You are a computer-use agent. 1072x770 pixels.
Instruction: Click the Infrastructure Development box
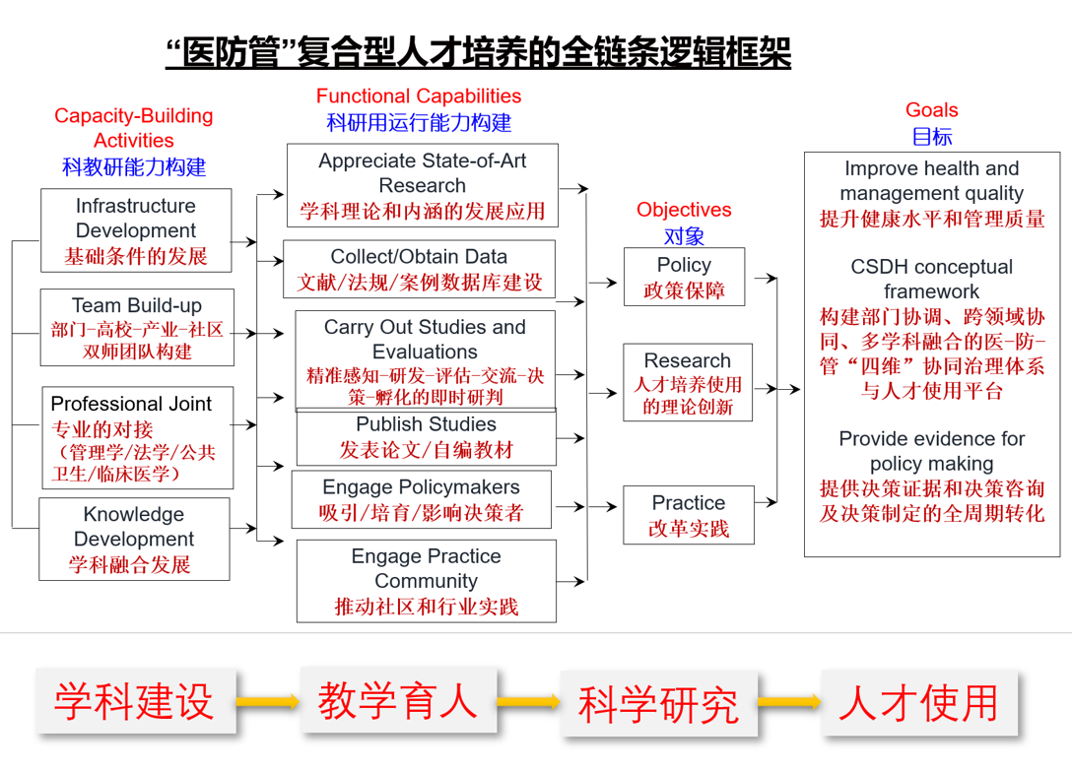136,230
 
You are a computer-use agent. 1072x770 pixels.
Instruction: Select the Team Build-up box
137,328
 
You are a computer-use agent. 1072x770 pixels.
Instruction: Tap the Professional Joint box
138,437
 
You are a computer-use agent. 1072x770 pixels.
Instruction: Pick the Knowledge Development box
134,539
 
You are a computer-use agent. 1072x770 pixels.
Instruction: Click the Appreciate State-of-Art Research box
422,185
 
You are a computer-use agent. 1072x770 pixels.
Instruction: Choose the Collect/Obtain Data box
419,269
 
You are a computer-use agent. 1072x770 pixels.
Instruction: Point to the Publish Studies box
426,438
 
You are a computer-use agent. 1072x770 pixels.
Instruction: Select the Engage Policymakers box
421,499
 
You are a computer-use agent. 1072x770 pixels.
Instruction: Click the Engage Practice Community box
426,581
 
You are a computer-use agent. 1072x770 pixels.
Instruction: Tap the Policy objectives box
684,277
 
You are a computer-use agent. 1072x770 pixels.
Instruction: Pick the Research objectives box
687,382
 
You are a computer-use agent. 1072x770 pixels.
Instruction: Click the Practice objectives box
688,514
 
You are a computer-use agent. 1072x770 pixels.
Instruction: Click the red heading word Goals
931,110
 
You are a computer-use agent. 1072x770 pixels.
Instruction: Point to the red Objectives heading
684,210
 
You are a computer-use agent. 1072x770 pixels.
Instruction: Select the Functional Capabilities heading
419,96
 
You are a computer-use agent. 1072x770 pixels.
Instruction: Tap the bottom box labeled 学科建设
135,700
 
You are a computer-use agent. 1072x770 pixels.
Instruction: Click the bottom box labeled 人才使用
919,702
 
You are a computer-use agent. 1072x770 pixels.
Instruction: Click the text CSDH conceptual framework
931,279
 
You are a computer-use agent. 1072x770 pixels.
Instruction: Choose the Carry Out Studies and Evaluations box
425,360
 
